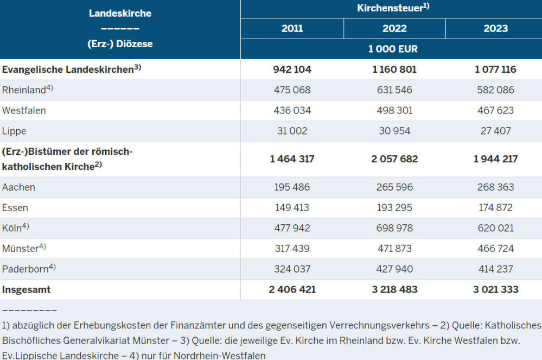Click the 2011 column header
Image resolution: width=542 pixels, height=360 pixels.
292,28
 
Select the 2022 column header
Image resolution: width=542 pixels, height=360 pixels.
394,28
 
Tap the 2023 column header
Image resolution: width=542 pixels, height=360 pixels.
496,28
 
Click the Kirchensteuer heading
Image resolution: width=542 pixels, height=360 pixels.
393,8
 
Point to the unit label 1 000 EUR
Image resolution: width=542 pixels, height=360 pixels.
393,49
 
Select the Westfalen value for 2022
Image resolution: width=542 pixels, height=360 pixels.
394,110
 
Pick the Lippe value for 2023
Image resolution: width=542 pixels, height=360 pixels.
496,131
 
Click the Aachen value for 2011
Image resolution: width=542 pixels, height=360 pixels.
292,187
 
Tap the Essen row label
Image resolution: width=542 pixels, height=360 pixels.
15,207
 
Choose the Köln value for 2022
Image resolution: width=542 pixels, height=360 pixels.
394,228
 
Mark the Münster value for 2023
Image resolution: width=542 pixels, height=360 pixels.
496,248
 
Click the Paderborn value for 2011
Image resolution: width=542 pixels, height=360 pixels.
292,269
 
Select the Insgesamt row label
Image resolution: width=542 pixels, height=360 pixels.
26,289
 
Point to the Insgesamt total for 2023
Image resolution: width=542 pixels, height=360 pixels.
496,289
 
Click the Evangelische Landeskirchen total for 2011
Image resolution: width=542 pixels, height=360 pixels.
292,70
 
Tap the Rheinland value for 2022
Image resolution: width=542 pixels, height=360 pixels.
394,90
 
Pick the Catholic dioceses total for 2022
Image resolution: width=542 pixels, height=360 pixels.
394,159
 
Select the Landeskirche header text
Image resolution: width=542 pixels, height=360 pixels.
120,14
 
